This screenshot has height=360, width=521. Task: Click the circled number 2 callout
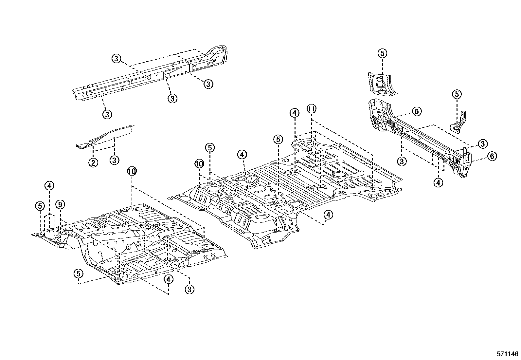click(x=93, y=162)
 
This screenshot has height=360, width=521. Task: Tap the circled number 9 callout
click(x=60, y=205)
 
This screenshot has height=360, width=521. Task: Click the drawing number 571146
click(x=508, y=354)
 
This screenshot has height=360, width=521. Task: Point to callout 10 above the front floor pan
click(x=132, y=171)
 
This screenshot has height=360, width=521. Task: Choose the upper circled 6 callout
click(x=416, y=112)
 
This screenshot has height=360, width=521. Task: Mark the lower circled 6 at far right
click(x=492, y=156)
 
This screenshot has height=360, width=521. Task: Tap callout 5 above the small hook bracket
click(x=457, y=94)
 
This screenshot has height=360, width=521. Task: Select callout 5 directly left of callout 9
click(x=40, y=206)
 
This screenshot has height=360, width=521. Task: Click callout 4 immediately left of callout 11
click(x=295, y=113)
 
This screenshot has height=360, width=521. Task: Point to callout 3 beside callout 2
click(x=114, y=161)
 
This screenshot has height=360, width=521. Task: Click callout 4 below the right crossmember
click(x=438, y=182)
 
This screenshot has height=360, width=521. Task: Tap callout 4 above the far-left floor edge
click(x=49, y=186)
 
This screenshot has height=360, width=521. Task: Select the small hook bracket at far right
click(x=459, y=123)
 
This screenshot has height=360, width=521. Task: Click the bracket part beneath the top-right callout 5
click(x=380, y=84)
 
